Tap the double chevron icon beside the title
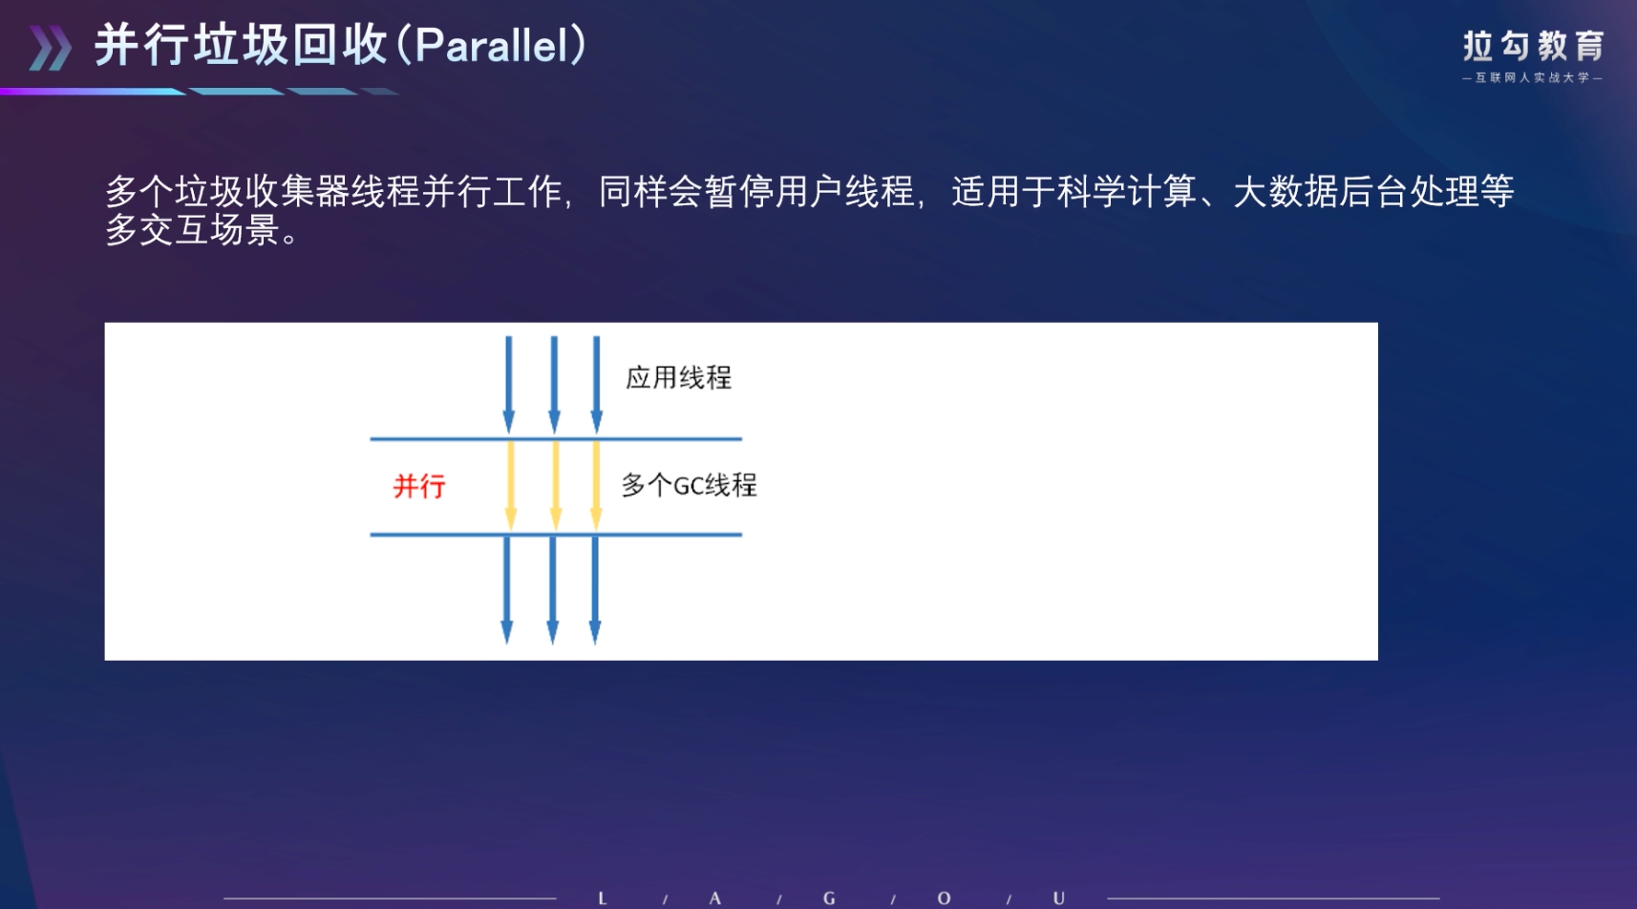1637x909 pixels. (51, 49)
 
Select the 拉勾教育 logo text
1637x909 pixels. (1533, 46)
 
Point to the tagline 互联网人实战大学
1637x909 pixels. (1533, 77)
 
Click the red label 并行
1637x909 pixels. (419, 486)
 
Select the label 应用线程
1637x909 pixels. (678, 378)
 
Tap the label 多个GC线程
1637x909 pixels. (689, 485)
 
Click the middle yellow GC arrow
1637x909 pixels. (556, 485)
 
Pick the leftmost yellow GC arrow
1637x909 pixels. (511, 485)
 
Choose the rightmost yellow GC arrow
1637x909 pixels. (596, 485)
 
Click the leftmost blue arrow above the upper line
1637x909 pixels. (509, 385)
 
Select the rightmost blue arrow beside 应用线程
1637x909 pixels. (596, 385)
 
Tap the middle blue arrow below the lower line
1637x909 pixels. (552, 590)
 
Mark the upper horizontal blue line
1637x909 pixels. (556, 439)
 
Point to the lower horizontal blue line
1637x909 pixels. (556, 535)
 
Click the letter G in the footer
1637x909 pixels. (829, 898)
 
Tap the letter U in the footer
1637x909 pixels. (1059, 898)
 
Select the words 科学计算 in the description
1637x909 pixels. (1127, 192)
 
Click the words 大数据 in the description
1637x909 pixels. (1286, 192)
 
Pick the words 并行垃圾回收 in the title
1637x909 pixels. (242, 45)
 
